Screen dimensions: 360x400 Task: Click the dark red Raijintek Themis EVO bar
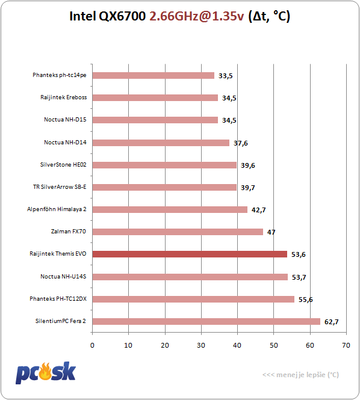[190, 254]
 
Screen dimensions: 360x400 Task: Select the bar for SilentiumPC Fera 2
[206, 321]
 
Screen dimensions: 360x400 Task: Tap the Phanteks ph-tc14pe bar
[153, 76]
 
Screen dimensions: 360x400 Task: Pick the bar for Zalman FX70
[178, 232]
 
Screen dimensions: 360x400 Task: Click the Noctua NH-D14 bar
[161, 143]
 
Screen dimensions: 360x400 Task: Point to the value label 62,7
[331, 322]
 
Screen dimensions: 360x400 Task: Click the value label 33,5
[225, 76]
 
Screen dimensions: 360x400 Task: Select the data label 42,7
[259, 210]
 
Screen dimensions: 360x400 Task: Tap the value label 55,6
[306, 300]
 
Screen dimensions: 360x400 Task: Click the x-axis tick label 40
[237, 345]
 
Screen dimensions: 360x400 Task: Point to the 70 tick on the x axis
[346, 345]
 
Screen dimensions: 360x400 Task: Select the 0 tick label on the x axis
[92, 345]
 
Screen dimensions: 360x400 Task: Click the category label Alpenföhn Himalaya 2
[57, 209]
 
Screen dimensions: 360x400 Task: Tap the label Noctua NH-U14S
[63, 276]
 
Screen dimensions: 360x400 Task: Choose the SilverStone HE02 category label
[63, 165]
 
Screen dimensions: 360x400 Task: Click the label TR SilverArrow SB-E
[60, 187]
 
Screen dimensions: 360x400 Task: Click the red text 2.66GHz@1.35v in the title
[197, 16]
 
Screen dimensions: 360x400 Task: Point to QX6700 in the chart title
[122, 16]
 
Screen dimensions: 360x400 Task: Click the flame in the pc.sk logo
[45, 371]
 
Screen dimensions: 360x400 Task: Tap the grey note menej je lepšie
[301, 375]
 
